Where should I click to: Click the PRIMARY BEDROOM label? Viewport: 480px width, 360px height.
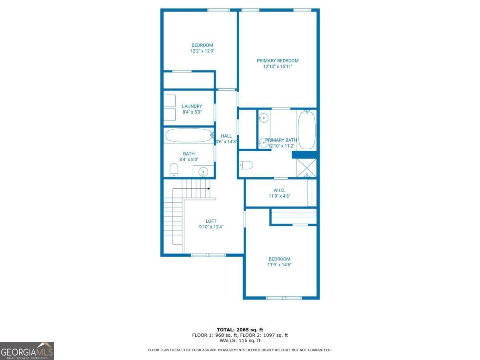click(x=278, y=61)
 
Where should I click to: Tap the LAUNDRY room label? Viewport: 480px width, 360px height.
click(x=192, y=106)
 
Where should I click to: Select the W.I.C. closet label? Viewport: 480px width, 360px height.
click(x=279, y=190)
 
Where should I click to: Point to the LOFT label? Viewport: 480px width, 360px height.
click(x=211, y=221)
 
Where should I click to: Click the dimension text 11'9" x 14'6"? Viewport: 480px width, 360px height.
click(x=279, y=265)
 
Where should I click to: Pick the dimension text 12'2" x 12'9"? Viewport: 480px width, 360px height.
click(x=202, y=51)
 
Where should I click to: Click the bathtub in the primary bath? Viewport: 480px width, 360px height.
click(x=307, y=130)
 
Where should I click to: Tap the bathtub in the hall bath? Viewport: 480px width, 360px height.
click(x=188, y=135)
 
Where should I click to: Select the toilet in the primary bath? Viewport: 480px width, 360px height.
click(x=246, y=165)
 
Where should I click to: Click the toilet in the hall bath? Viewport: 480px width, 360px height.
click(x=174, y=170)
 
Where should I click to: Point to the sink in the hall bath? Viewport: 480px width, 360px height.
click(x=204, y=172)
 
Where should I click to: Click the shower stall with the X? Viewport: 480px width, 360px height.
click(x=306, y=168)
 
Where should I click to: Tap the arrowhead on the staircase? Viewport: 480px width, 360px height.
click(x=209, y=188)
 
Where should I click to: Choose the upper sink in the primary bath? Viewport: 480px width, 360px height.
click(x=263, y=118)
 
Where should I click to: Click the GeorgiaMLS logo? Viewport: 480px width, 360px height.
click(x=27, y=351)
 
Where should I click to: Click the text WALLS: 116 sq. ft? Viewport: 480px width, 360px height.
click(x=240, y=341)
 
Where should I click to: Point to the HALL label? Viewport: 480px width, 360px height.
click(x=226, y=136)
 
